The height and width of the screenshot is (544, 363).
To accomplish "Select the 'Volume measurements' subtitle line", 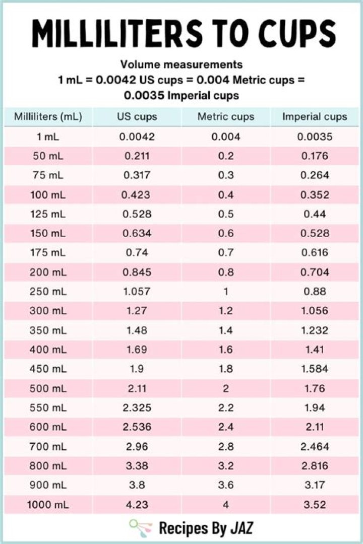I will pyautogui.click(x=181, y=64).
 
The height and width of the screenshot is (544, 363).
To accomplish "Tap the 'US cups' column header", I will pyautogui.click(x=137, y=117).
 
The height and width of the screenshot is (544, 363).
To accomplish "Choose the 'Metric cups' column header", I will pyautogui.click(x=226, y=117).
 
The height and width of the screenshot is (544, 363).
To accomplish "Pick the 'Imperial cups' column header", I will pyautogui.click(x=315, y=117).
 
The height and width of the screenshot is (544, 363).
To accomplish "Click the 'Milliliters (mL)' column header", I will pyautogui.click(x=48, y=117).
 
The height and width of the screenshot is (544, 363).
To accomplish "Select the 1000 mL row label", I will pyautogui.click(x=48, y=505).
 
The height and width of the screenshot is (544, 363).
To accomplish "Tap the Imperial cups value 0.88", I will pyautogui.click(x=315, y=292).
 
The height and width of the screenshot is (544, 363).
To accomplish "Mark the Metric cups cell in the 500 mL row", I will pyautogui.click(x=226, y=388).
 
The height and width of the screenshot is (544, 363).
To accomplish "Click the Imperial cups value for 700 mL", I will pyautogui.click(x=315, y=447).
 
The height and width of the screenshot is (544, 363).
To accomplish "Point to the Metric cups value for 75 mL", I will pyautogui.click(x=226, y=175).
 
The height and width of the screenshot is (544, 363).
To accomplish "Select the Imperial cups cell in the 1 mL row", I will pyautogui.click(x=315, y=137).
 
